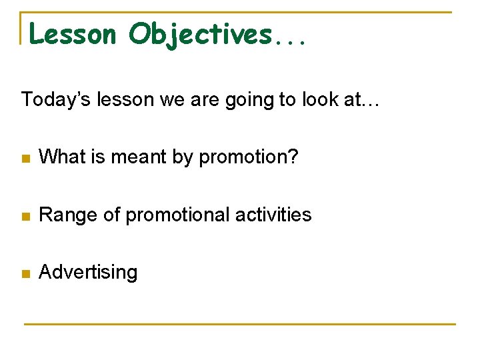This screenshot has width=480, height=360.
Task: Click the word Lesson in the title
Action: [73, 34]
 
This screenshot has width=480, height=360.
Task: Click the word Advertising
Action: [88, 273]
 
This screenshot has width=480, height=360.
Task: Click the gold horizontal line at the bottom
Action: [240, 324]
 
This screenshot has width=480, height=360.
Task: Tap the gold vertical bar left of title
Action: [21, 28]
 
